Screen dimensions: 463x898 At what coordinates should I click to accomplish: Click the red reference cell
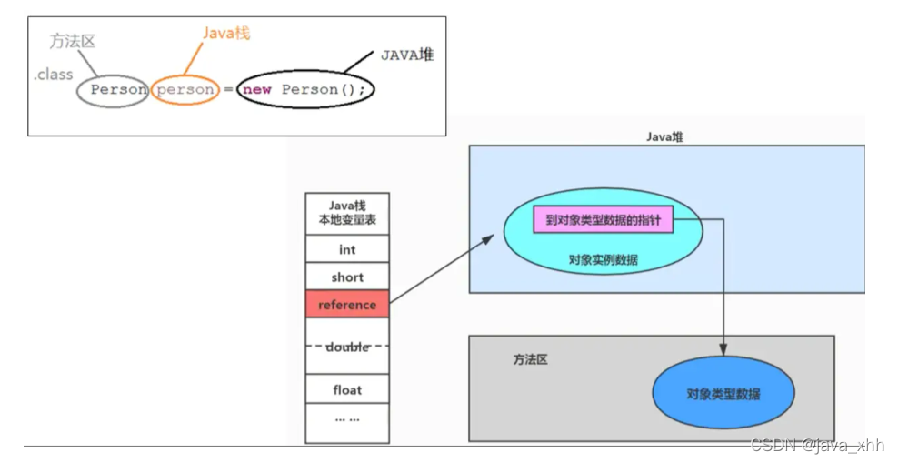click(x=347, y=305)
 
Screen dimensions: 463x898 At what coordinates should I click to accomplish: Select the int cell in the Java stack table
click(x=347, y=249)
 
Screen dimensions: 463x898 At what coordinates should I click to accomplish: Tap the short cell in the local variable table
click(x=347, y=277)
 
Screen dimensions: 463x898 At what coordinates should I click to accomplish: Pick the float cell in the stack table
click(x=347, y=389)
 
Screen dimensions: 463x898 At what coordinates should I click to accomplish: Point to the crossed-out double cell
click(x=347, y=347)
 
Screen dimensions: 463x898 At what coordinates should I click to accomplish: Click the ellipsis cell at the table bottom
click(x=347, y=419)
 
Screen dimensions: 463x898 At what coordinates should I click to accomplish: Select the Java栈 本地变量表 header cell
click(x=347, y=212)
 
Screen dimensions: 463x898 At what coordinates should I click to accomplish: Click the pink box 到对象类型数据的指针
click(x=604, y=219)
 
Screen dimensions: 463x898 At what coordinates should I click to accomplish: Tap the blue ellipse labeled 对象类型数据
click(x=723, y=394)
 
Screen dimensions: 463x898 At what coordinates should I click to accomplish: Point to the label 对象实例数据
click(x=604, y=259)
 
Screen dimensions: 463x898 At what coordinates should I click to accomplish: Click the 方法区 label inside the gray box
click(x=531, y=359)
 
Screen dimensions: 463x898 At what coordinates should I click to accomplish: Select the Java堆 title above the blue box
click(x=665, y=136)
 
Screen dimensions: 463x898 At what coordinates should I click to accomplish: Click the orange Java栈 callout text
click(x=226, y=34)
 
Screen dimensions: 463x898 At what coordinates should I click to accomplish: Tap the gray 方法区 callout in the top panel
click(x=73, y=40)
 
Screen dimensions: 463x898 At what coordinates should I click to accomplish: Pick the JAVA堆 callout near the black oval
click(x=406, y=55)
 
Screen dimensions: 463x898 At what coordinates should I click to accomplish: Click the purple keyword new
click(x=257, y=90)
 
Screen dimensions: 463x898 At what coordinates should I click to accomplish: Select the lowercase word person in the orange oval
click(x=185, y=90)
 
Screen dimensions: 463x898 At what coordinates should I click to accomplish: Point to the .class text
click(x=54, y=75)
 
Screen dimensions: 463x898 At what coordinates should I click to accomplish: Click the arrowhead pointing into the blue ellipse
click(x=723, y=350)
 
